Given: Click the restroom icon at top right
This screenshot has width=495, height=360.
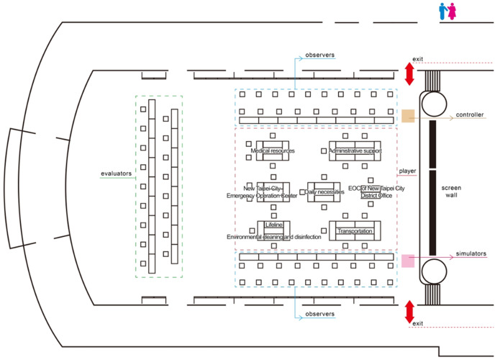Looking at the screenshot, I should pyautogui.click(x=448, y=11).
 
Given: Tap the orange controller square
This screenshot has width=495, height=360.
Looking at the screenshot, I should pyautogui.click(x=408, y=116).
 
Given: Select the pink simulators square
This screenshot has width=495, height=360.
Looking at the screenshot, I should pyautogui.click(x=408, y=260).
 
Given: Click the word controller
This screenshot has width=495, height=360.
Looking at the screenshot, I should pyautogui.click(x=470, y=115).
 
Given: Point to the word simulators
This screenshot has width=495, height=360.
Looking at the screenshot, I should pyautogui.click(x=471, y=254).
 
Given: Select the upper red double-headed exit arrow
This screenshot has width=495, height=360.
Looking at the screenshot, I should pyautogui.click(x=409, y=73).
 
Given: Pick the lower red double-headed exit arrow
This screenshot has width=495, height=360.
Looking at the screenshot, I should pyautogui.click(x=409, y=311).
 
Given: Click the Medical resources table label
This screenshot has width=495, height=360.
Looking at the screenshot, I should pyautogui.click(x=273, y=151).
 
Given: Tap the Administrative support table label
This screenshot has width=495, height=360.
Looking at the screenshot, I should pyautogui.click(x=355, y=151).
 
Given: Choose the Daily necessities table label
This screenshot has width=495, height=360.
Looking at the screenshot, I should pyautogui.click(x=324, y=192).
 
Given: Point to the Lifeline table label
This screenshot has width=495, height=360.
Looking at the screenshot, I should pyautogui.click(x=273, y=225).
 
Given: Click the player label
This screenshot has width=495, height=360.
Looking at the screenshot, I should pyautogui.click(x=409, y=171).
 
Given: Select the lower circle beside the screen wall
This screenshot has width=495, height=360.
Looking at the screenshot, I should pyautogui.click(x=435, y=272).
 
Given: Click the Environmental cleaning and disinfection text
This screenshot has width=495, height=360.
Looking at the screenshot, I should pyautogui.click(x=271, y=237).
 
